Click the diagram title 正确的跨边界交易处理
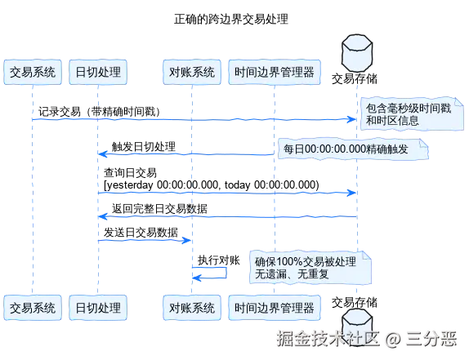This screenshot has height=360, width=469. pos(231,19)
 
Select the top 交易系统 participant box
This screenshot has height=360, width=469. pos(33,72)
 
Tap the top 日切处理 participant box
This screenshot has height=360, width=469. pos(98,72)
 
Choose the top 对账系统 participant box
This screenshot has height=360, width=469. pos(192,72)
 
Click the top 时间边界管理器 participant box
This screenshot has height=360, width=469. pos(275,72)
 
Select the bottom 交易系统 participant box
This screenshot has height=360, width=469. pos(33,308)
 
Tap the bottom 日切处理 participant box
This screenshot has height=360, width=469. pos(98,308)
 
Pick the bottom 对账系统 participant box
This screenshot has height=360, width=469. pos(192,308)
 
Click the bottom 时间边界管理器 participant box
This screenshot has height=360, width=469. pos(275,308)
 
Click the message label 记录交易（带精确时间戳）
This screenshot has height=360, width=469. pos(99,112)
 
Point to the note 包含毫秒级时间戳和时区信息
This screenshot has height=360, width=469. pos(412,113)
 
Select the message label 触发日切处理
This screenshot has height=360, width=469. pos(144,147)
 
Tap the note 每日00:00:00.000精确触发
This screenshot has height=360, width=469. pos(353,149)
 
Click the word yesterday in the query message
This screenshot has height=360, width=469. pos(130,185)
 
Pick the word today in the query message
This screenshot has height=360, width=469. pos(238,185)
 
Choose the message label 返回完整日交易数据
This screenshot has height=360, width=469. pos(159,208)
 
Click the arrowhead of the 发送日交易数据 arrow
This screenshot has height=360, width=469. pos(187,240)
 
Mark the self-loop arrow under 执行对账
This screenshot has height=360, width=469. pos(226,273)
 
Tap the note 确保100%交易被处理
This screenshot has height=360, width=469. pos(310,268)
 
